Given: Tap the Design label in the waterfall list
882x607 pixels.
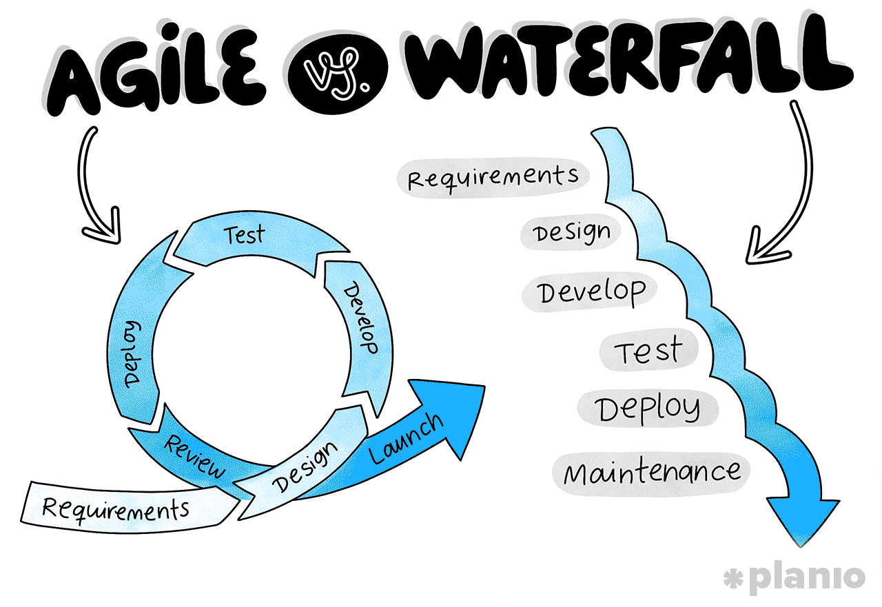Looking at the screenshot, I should [572, 233].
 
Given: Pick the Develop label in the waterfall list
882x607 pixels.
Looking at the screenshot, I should [591, 291].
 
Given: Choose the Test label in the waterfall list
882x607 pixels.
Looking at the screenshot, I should [648, 351].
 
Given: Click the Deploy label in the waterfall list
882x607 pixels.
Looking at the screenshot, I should [648, 409].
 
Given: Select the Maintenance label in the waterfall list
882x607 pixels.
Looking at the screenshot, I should [652, 473].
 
